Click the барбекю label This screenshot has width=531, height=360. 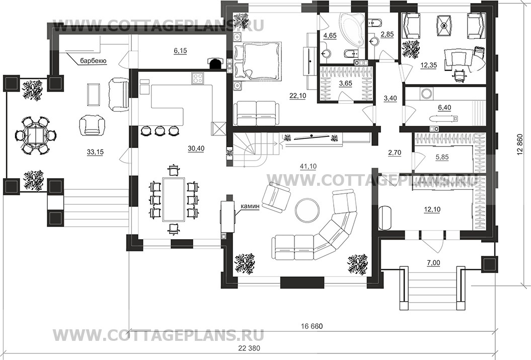pyautogui.click(x=94, y=61)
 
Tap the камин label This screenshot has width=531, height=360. pyautogui.click(x=250, y=206)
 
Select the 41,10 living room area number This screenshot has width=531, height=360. pyautogui.click(x=309, y=166)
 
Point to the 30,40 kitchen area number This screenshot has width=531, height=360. pyautogui.click(x=196, y=149)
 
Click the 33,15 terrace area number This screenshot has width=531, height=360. pyautogui.click(x=95, y=152)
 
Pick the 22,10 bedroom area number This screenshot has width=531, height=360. pyautogui.click(x=297, y=96)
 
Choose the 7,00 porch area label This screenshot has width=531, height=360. pyautogui.click(x=433, y=262)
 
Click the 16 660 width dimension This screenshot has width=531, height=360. pyautogui.click(x=312, y=326)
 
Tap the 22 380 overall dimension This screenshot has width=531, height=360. pyautogui.click(x=250, y=348)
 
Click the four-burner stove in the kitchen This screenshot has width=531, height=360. pyautogui.click(x=198, y=79)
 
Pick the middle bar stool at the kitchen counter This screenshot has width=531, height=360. pyautogui.click(x=159, y=130)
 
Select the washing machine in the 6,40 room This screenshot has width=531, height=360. pyautogui.click(x=426, y=94)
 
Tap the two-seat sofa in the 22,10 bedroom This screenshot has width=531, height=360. pyautogui.click(x=257, y=114)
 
